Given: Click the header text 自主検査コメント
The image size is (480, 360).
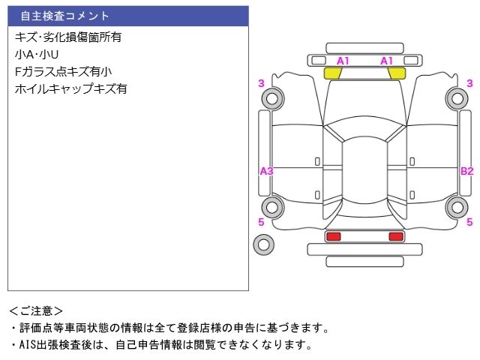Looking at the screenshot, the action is click(64, 16).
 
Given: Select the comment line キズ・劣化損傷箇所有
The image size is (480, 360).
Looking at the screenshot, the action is click(68, 37).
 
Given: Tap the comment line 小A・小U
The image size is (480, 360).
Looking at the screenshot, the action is click(37, 55).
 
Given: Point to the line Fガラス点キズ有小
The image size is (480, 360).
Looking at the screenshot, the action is click(63, 72).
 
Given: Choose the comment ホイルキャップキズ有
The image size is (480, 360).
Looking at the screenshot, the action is click(70, 88).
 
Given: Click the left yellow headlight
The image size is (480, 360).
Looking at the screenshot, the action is click(333, 73).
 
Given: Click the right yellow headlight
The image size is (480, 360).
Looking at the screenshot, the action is click(397, 73).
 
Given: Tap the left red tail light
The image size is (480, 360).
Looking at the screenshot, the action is click(333, 236).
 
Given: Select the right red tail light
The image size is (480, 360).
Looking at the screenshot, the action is click(396, 236).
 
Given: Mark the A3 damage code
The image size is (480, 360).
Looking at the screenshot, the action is click(266, 171).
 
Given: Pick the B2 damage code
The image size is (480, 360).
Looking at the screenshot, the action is click(466, 171).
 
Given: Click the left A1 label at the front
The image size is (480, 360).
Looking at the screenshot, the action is click(343, 61).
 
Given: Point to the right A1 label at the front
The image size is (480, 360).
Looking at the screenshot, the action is click(386, 61).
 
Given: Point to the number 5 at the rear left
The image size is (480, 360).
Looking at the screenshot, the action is click(261, 222).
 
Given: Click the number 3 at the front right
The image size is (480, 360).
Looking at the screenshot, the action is click(469, 83).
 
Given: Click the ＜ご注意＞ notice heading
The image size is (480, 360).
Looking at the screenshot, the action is click(36, 311).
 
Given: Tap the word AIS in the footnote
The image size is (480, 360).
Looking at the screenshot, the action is click(28, 345).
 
